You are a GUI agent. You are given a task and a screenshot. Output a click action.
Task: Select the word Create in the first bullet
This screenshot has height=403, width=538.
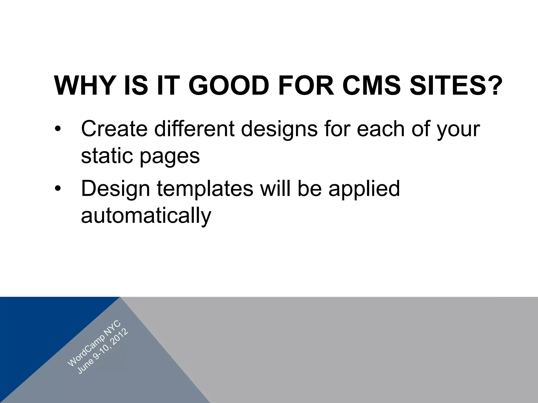tap(114, 129)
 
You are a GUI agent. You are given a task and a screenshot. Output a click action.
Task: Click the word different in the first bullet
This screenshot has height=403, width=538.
tap(194, 129)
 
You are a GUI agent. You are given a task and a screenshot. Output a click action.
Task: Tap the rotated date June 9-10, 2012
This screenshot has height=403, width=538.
tap(103, 352)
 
